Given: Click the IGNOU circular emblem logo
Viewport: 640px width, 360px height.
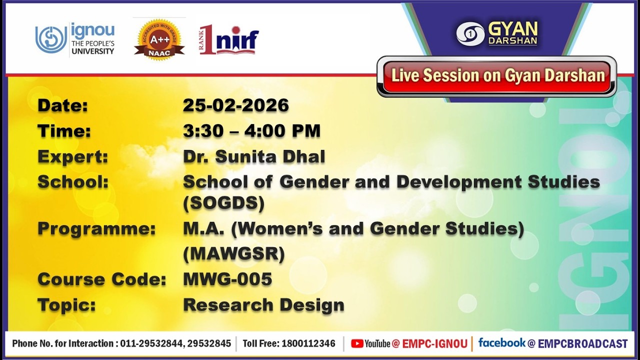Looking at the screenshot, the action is (x=51, y=39).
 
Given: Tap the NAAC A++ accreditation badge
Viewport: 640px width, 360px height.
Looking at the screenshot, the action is (x=159, y=39).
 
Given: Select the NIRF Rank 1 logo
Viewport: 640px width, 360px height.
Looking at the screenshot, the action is (x=229, y=39).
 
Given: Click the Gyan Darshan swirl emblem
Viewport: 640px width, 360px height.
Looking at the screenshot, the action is (x=470, y=34).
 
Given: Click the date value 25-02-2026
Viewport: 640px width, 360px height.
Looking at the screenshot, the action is (x=235, y=105).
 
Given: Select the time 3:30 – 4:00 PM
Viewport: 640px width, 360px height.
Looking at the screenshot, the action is (x=251, y=131).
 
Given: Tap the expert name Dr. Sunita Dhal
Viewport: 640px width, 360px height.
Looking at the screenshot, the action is (x=254, y=156).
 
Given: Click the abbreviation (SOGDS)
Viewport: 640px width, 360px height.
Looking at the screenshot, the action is (x=223, y=203).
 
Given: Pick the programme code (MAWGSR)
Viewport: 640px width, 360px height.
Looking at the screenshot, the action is (x=234, y=253).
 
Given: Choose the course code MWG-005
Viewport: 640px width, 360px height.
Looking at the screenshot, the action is (x=227, y=279).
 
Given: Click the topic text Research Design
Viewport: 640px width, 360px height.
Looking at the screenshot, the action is (x=263, y=305).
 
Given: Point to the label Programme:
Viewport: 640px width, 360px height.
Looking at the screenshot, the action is (x=96, y=229).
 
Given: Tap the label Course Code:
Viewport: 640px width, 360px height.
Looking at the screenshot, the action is (x=101, y=279).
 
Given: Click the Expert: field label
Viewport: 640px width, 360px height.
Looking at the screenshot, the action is (x=73, y=157).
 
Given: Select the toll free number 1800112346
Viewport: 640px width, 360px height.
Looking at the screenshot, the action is (x=308, y=343).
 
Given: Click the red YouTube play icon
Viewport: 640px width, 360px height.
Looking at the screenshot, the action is (x=357, y=343).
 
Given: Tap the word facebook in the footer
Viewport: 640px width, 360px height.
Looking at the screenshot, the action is (x=501, y=343).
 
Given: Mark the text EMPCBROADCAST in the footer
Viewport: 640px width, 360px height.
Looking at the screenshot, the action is (x=583, y=343).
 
